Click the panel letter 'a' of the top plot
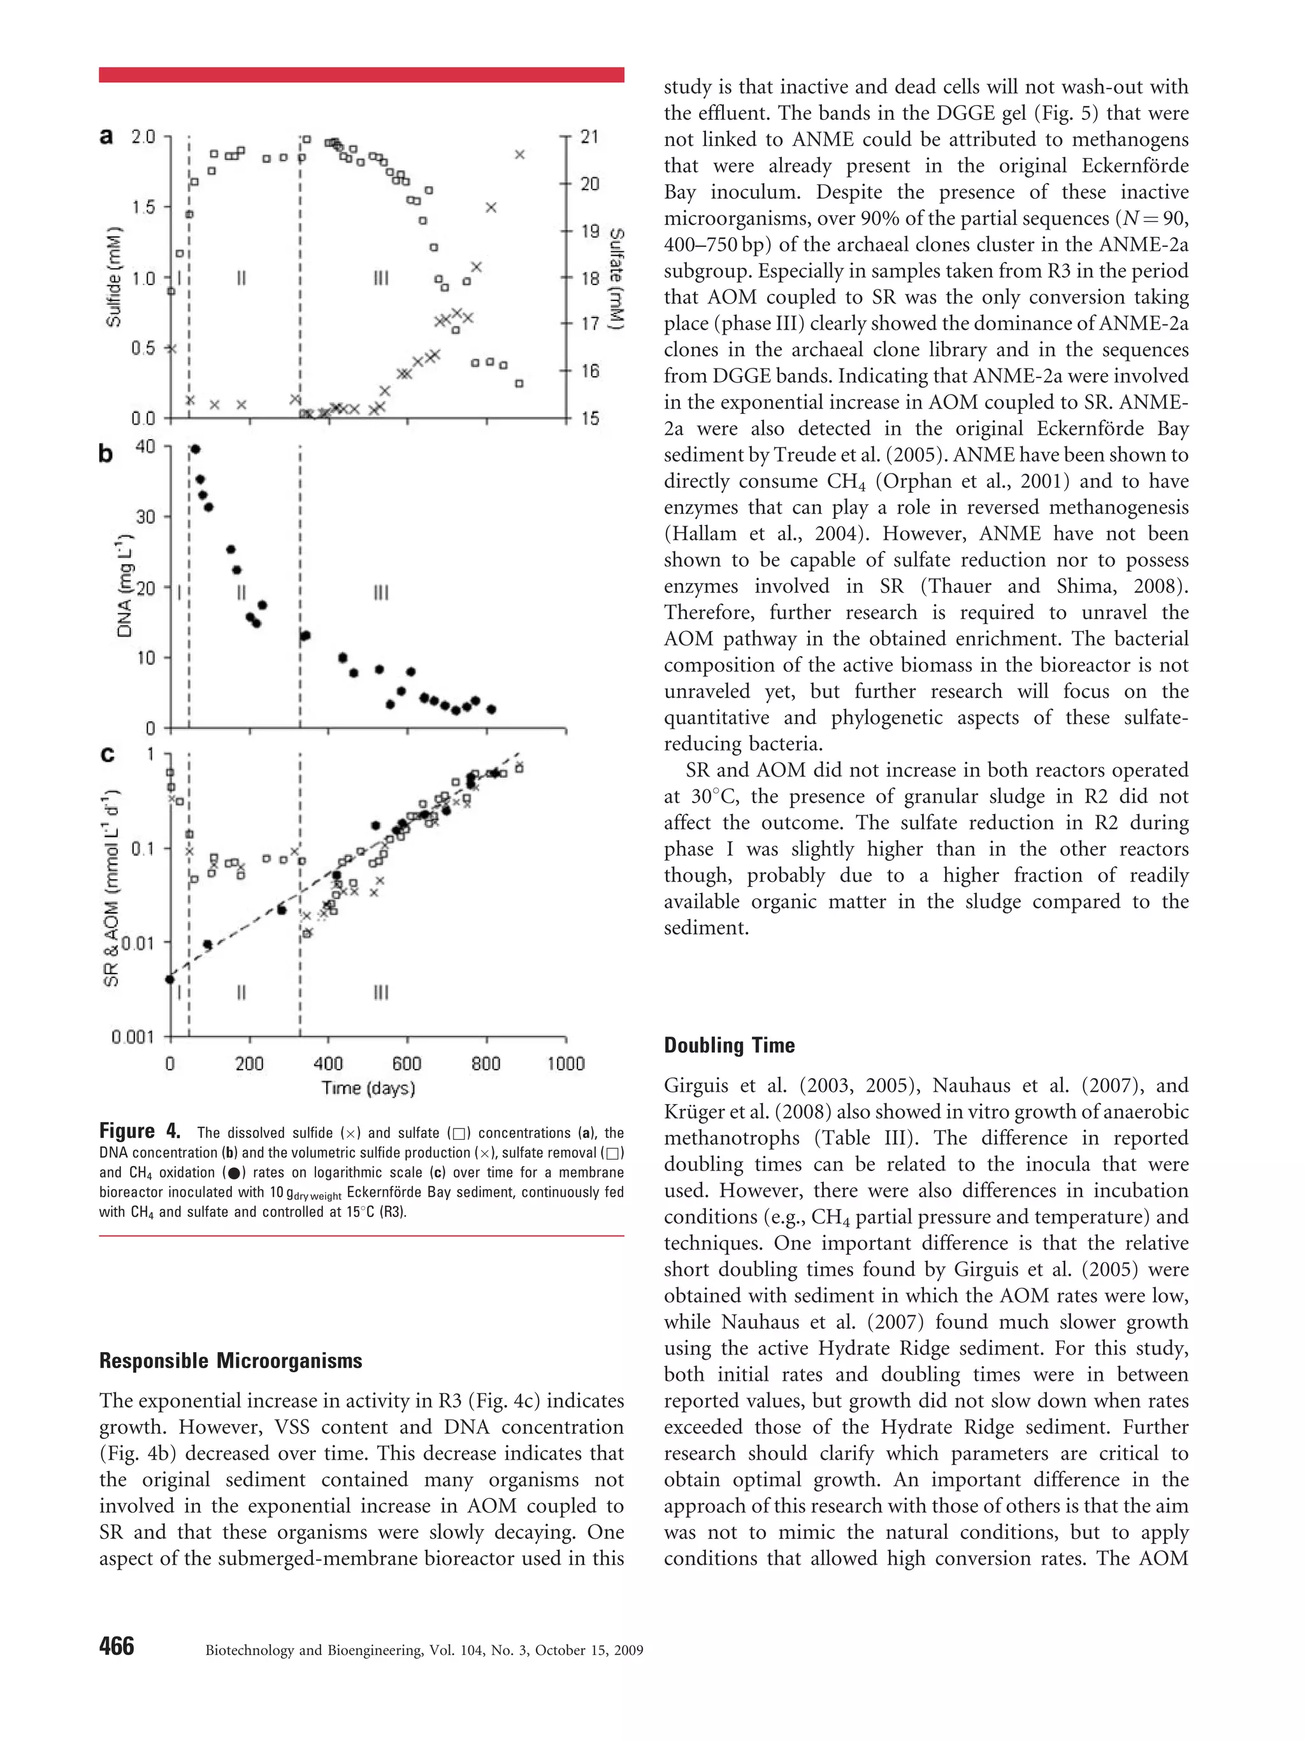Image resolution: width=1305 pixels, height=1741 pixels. coord(106,136)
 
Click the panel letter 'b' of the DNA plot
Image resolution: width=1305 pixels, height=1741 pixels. coord(105,454)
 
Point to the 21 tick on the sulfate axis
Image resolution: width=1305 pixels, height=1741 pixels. coord(590,137)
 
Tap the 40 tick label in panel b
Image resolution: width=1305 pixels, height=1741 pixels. coord(145,446)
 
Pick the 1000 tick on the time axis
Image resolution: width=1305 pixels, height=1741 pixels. coord(566,1063)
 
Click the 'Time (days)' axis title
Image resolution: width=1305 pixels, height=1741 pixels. coord(368,1088)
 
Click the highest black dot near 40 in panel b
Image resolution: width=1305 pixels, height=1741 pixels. coord(196,449)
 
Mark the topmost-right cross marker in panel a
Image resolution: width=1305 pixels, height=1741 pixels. coord(520,154)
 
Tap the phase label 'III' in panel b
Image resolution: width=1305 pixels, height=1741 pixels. coord(380,592)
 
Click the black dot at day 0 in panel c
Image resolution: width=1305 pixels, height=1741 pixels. coord(170,979)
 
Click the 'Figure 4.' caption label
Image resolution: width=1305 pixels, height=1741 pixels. coord(140,1132)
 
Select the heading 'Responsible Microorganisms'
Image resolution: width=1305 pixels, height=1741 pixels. coord(231,1361)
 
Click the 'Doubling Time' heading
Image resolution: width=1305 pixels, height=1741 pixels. coord(729,1045)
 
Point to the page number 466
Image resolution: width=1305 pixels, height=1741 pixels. coord(117,1646)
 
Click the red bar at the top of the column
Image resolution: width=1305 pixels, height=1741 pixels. coord(361,75)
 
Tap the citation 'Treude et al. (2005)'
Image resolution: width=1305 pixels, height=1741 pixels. coord(859,455)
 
